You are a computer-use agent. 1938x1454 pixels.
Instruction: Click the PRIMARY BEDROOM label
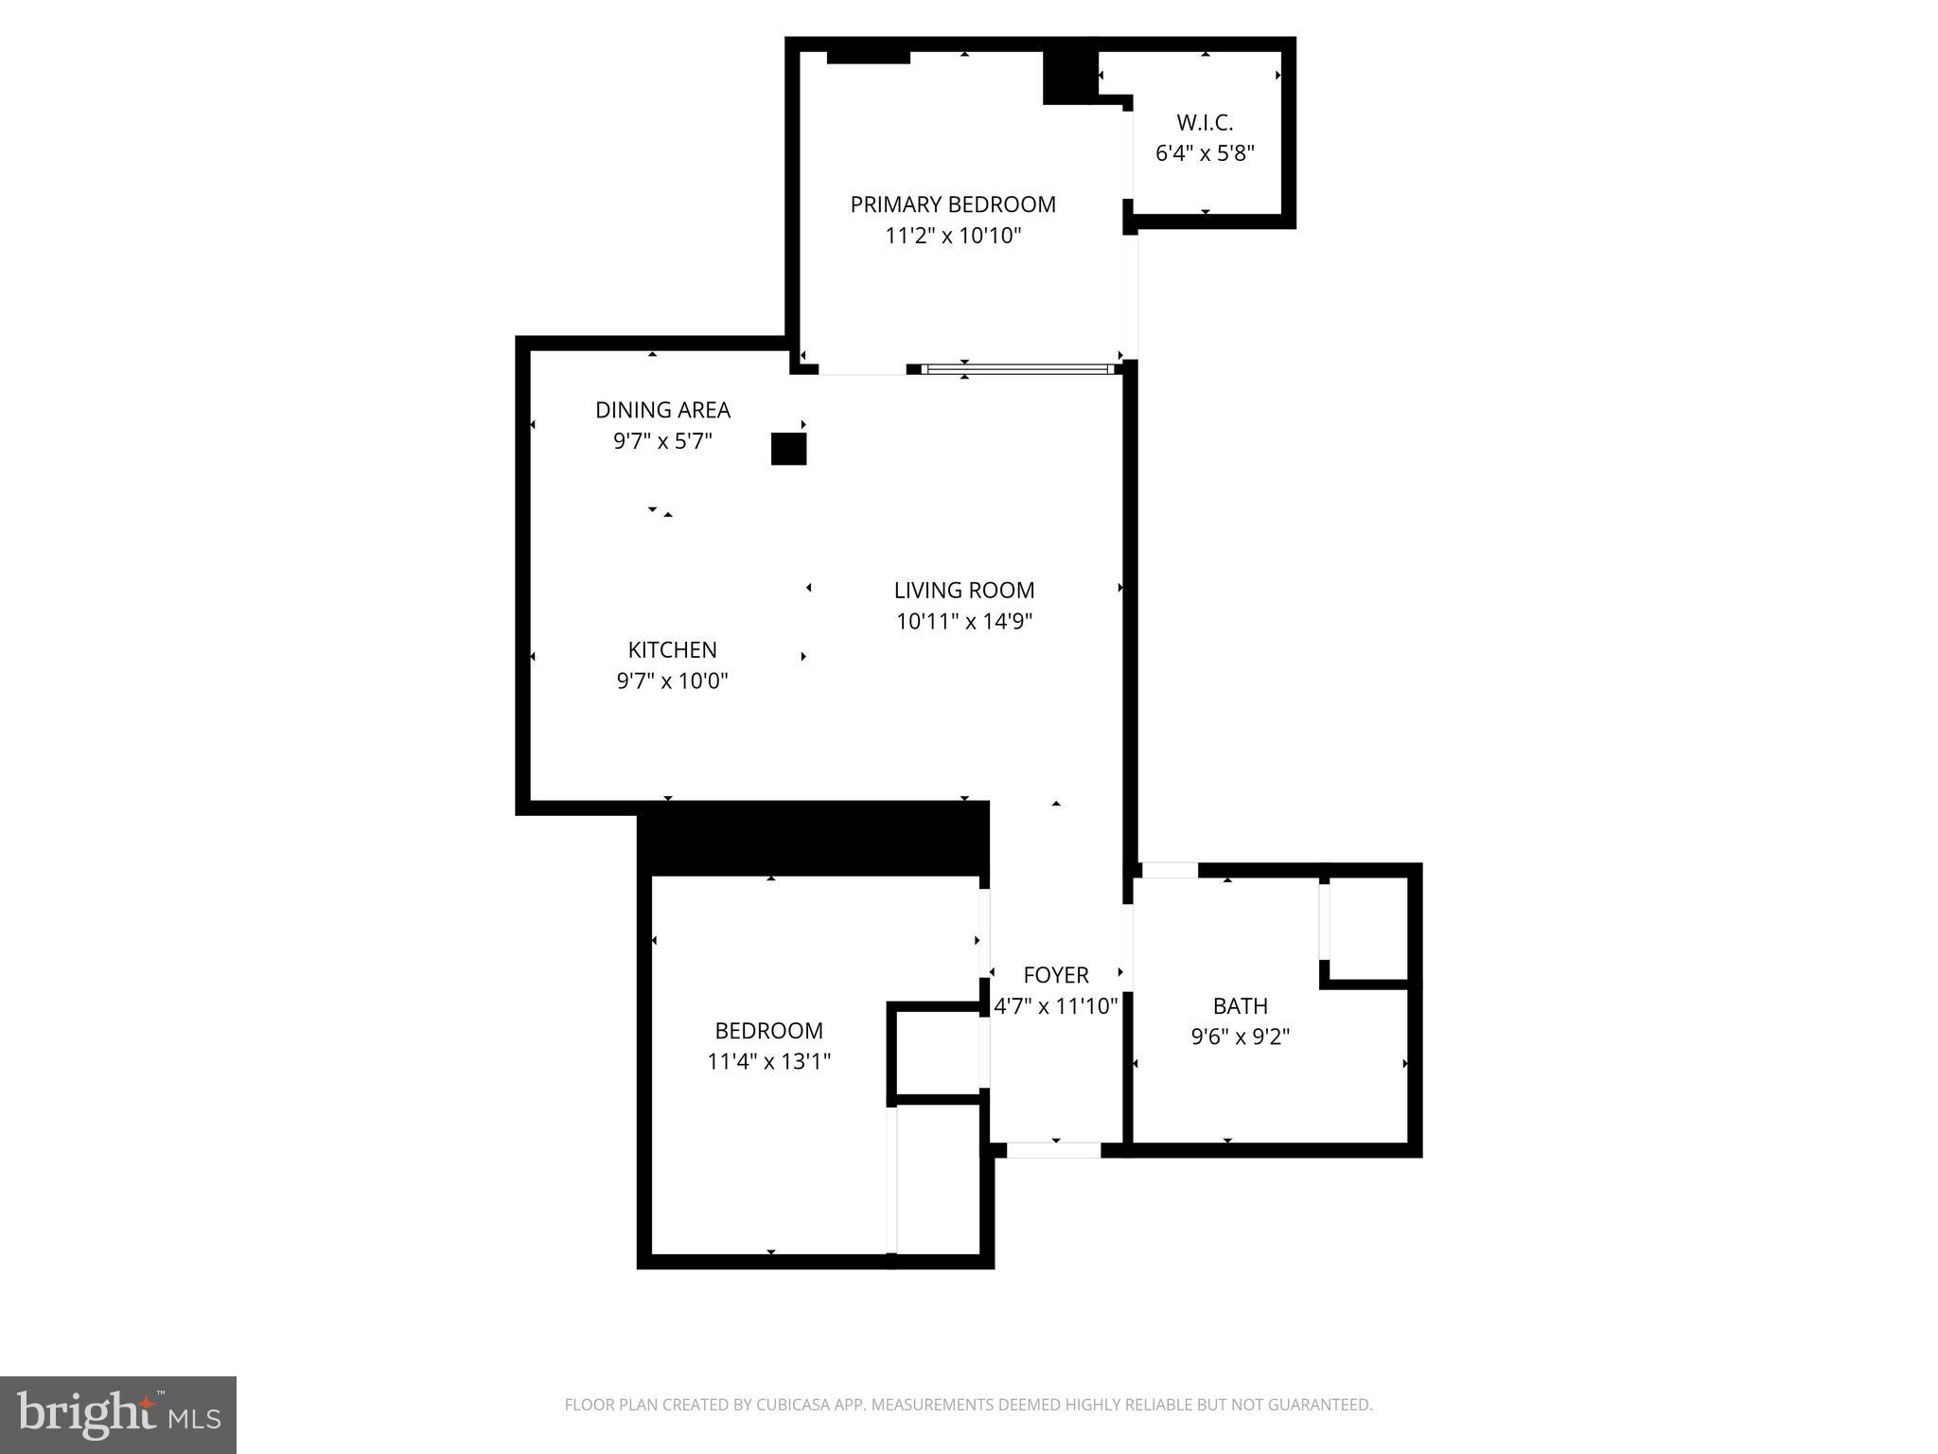pos(952,204)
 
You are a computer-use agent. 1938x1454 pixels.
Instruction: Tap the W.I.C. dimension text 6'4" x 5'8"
pos(1205,153)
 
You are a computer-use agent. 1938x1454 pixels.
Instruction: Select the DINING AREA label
pos(662,410)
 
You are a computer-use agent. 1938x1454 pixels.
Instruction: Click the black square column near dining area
pos(788,449)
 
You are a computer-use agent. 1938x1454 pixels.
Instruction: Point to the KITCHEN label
pos(672,649)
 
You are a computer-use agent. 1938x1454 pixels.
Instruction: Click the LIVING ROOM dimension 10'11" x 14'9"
pos(963,622)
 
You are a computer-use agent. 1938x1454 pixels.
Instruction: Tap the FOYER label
pos(1055,975)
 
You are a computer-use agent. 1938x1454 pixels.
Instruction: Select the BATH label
pos(1240,1005)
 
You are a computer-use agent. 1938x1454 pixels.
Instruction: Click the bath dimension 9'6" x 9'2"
pos(1240,1037)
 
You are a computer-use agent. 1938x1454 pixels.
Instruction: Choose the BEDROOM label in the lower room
pos(768,1030)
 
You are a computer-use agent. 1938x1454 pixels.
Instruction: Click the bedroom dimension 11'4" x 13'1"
pos(768,1061)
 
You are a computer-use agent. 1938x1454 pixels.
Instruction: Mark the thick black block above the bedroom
pos(814,839)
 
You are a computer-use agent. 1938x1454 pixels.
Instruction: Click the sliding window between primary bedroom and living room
pos(1017,369)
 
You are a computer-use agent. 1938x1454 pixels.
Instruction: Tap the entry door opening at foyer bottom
pos(1053,1150)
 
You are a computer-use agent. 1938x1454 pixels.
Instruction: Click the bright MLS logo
pos(118,1414)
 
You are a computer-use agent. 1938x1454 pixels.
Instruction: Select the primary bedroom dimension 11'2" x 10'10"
pos(952,236)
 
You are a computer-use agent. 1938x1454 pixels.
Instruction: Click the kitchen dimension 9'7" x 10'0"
pos(672,681)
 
